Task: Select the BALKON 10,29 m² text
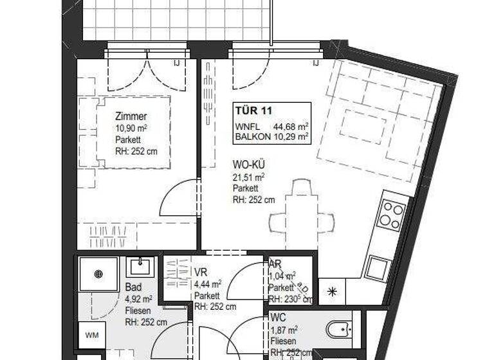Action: point(271,136)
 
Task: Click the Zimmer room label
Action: point(131,117)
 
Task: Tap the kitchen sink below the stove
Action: point(378,267)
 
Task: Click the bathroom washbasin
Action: point(139,266)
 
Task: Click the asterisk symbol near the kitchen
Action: point(332,291)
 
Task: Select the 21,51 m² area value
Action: point(249,177)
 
